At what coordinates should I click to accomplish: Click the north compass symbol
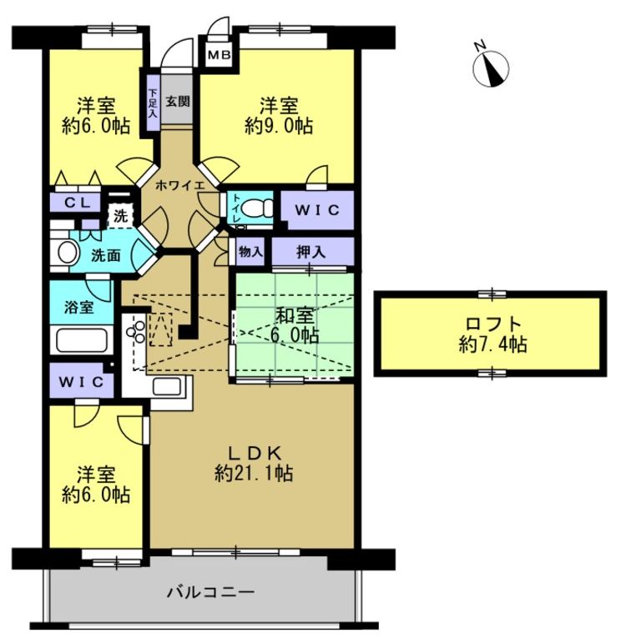491,68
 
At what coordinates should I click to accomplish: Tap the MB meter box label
220,54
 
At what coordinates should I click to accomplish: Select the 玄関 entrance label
178,101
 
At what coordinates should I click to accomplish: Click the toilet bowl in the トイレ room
257,208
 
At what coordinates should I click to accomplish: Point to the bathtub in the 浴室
82,340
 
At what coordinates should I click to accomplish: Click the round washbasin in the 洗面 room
68,253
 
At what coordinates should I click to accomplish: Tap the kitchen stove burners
136,332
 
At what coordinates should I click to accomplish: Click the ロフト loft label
493,324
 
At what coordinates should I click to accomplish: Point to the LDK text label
254,453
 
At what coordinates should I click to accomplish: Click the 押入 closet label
311,252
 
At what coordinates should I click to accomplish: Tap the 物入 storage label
250,251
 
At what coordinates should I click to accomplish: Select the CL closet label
77,203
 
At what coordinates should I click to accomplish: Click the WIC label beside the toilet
317,210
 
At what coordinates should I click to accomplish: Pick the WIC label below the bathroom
81,382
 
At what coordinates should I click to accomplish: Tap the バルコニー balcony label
210,593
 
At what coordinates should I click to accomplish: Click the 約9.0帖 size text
279,125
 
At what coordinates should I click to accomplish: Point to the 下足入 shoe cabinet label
153,103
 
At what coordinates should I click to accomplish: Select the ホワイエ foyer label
180,185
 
